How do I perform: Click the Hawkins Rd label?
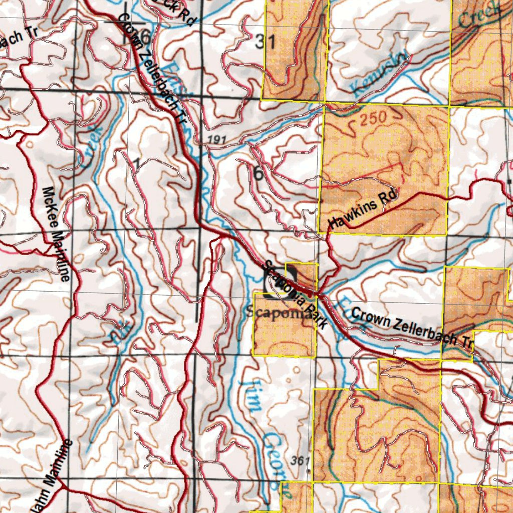coord(362,209)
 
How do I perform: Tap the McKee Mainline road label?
coord(56,233)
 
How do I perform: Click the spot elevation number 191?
coord(215,140)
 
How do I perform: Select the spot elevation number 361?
coord(298,460)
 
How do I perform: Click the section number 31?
coord(265,43)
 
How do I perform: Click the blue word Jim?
coord(253,395)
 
